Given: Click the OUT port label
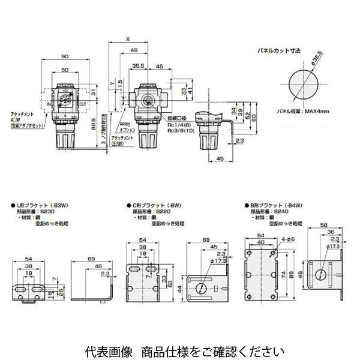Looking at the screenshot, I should [x=83, y=103].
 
